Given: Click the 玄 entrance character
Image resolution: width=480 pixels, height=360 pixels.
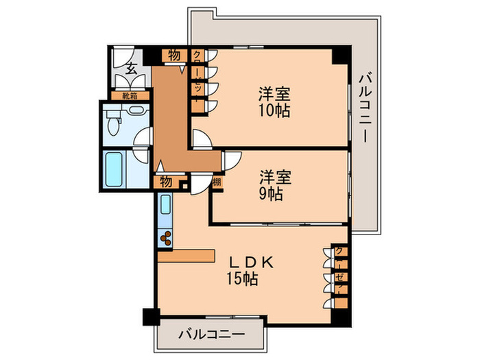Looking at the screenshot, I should click(130, 67).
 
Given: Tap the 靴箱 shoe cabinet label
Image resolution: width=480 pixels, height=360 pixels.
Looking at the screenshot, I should click(130, 96).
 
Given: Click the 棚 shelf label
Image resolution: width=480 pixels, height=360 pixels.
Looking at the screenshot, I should click(216, 182).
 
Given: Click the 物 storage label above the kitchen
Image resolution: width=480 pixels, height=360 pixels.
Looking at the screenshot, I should click(166, 181).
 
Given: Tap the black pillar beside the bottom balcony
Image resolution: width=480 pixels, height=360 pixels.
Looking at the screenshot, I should click(150, 317).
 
